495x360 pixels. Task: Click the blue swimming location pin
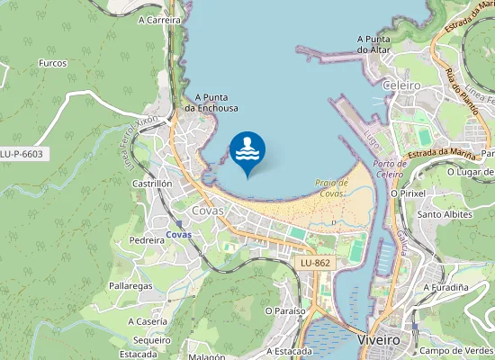click(x=247, y=152)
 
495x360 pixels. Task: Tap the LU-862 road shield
click(x=314, y=262)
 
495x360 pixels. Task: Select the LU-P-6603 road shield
click(x=22, y=154)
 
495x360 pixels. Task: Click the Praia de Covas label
click(x=332, y=187)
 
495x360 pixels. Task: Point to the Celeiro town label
click(x=401, y=85)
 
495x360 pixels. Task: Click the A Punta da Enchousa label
click(x=211, y=103)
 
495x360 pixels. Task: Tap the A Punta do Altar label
click(x=373, y=44)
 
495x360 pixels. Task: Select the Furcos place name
click(x=53, y=64)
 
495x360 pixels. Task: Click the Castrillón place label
click(x=152, y=183)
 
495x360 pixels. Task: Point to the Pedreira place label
click(x=147, y=240)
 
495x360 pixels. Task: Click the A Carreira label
click(x=160, y=18)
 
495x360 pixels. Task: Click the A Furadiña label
click(x=446, y=287)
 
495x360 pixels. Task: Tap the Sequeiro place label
click(x=151, y=340)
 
